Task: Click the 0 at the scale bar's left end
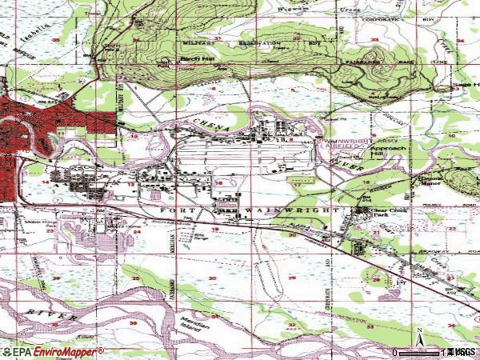pos(394,352)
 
